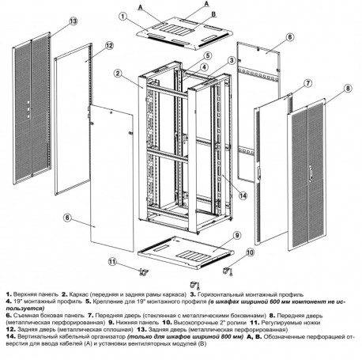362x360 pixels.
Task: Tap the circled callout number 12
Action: [x=110, y=45]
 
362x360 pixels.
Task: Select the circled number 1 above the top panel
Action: [x=123, y=15]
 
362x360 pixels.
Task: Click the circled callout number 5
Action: [x=206, y=55]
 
